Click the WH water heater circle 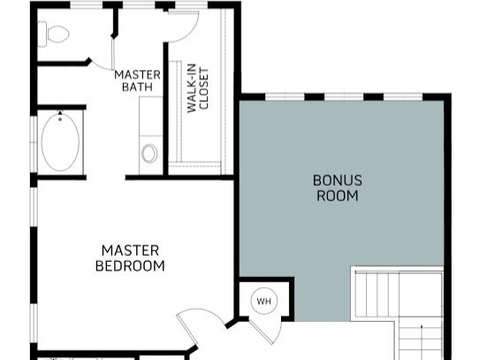pos(264,302)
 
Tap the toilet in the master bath pos(54,34)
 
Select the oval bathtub pos(60,142)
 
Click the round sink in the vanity pos(149,153)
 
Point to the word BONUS pos(338,180)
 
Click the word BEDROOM pos(130,265)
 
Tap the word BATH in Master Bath pos(137,87)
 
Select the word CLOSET pos(203,88)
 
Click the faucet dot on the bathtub pos(60,119)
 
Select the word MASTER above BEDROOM pos(130,251)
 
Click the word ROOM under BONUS pos(338,195)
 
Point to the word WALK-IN pos(191,88)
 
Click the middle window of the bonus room pos(344,96)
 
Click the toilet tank pos(42,34)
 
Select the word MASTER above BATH pos(137,75)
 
